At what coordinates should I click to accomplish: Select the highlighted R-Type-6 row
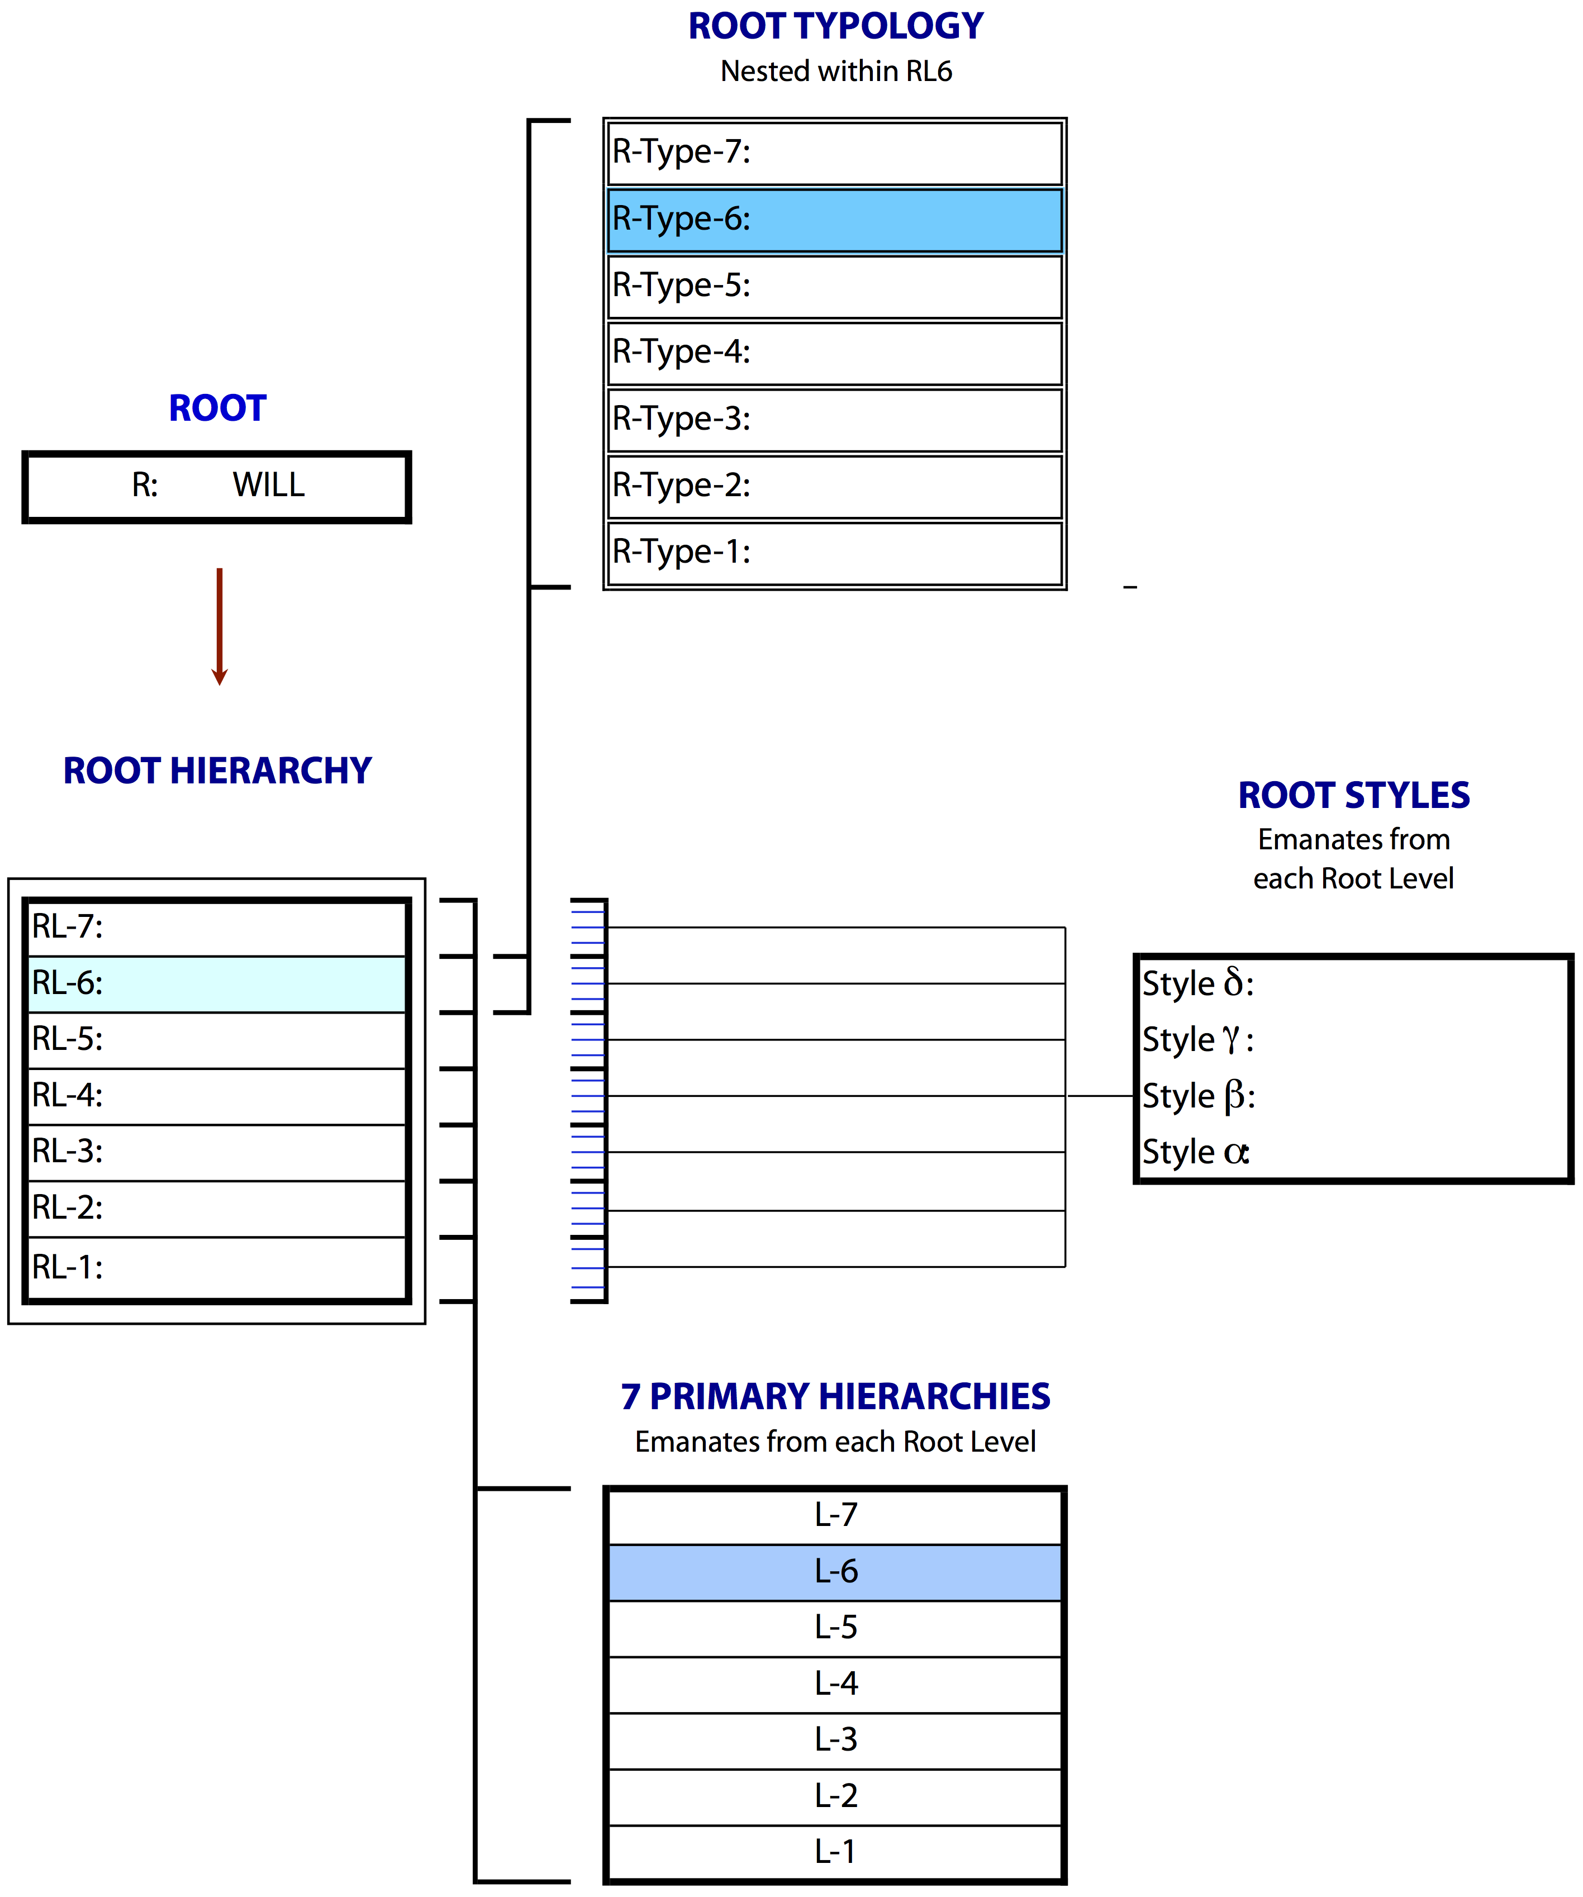tap(835, 220)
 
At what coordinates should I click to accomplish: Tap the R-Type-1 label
tap(681, 552)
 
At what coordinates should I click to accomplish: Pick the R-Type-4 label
tap(681, 352)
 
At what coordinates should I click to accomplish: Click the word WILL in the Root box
tap(268, 485)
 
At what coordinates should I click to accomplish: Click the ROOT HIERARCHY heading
tap(217, 771)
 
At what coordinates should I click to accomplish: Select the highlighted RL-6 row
tap(217, 984)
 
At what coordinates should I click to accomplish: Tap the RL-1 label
tap(68, 1267)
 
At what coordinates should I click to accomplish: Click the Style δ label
tap(1198, 983)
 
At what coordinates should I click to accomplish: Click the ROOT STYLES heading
tap(1353, 795)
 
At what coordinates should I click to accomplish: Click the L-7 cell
tap(835, 1516)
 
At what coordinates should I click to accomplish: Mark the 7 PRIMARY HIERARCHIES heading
tap(835, 1396)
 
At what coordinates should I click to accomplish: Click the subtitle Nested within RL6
tap(836, 72)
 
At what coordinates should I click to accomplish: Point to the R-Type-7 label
tap(681, 152)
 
